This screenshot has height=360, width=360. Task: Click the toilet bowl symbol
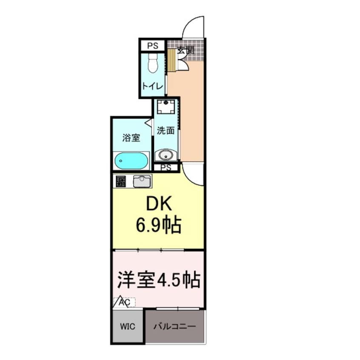pyautogui.click(x=151, y=63)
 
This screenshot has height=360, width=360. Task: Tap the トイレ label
pyautogui.click(x=152, y=86)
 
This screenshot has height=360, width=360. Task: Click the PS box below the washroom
pyautogui.click(x=166, y=168)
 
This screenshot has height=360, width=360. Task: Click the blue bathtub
pyautogui.click(x=131, y=161)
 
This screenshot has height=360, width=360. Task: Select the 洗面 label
pyautogui.click(x=166, y=131)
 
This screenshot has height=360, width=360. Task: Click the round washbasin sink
pyautogui.click(x=166, y=154)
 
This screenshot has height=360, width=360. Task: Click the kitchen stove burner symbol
pyautogui.click(x=120, y=182)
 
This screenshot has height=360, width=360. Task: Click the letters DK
pyautogui.click(x=159, y=205)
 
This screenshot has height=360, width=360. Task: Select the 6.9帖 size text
pyautogui.click(x=159, y=225)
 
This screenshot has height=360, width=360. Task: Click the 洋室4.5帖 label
pyautogui.click(x=158, y=280)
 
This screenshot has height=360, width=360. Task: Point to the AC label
pyautogui.click(x=125, y=302)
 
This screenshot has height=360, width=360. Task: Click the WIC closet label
pyautogui.click(x=127, y=326)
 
